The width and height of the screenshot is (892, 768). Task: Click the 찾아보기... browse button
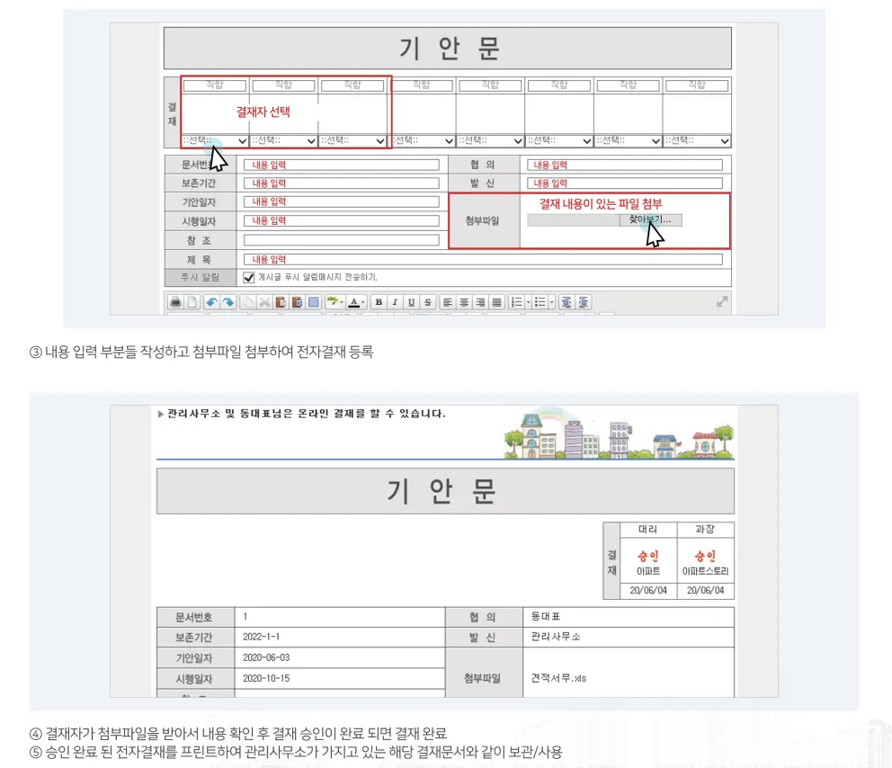point(650,220)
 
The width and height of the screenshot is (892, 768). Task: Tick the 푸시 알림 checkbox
point(248,278)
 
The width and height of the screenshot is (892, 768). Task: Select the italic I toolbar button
point(395,302)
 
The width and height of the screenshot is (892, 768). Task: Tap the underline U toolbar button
point(411,302)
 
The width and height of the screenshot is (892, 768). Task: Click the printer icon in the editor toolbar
point(175,302)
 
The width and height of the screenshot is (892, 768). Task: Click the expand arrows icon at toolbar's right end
point(722,301)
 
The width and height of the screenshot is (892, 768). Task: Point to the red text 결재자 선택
point(263,112)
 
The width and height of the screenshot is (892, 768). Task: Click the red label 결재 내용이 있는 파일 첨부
point(601,203)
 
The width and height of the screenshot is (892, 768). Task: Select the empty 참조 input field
point(342,240)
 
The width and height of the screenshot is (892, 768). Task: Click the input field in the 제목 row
point(483,259)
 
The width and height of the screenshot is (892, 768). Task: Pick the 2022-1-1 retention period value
point(261,637)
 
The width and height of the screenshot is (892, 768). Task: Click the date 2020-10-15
point(266,678)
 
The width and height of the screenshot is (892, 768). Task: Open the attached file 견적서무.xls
point(558,678)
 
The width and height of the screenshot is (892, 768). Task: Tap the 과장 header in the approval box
point(705,529)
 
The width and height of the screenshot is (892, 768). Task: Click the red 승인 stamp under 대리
point(648,556)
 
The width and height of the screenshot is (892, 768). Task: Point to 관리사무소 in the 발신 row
point(555,637)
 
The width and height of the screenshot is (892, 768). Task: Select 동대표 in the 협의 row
point(546,616)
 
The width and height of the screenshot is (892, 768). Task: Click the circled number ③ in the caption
point(35,353)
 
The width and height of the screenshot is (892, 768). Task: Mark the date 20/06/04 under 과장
point(705,591)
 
